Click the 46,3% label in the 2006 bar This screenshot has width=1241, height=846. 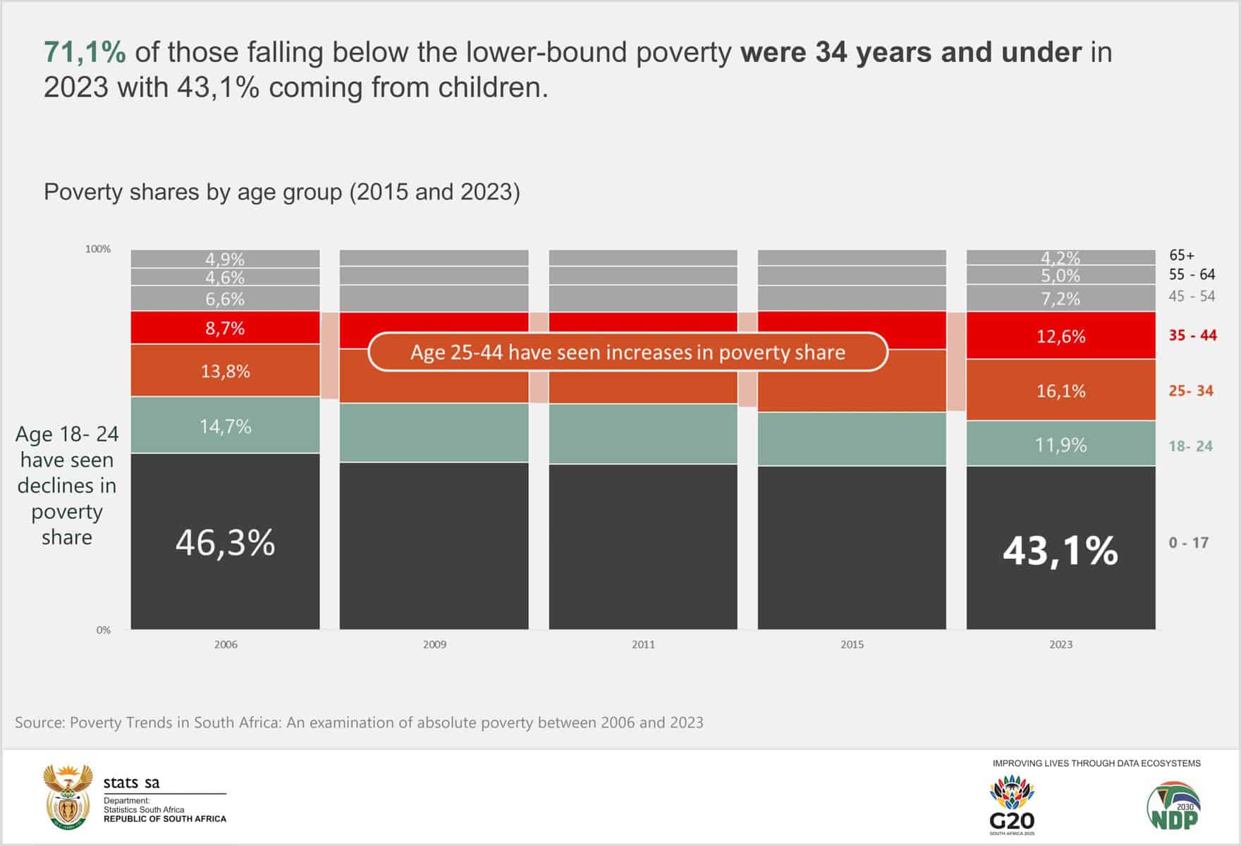coord(225,543)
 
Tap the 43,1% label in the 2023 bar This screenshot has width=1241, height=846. coord(1060,550)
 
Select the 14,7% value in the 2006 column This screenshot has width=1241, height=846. coord(225,426)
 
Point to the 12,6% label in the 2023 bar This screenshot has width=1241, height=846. coord(1060,336)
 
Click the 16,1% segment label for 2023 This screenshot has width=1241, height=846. coord(1060,391)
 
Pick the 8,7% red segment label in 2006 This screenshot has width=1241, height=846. coord(225,328)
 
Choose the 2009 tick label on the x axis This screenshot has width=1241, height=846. coord(434,644)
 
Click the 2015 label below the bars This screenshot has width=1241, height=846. coord(852,644)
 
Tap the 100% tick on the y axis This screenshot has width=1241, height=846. coord(98,249)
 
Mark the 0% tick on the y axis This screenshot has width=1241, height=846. coord(104,630)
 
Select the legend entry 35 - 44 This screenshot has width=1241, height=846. coord(1192,335)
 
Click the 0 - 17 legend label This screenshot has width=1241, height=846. coord(1188,543)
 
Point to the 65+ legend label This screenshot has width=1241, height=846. coord(1182,255)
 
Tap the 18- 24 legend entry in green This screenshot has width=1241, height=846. coord(1190,446)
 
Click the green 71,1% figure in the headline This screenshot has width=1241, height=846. coord(85,52)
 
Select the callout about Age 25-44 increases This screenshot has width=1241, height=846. coord(628,352)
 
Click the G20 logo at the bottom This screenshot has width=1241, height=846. coord(1012,804)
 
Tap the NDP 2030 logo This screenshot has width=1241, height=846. coord(1173,806)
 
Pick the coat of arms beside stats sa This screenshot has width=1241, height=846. coord(68,797)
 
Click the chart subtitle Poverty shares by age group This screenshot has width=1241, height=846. coord(281,192)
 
